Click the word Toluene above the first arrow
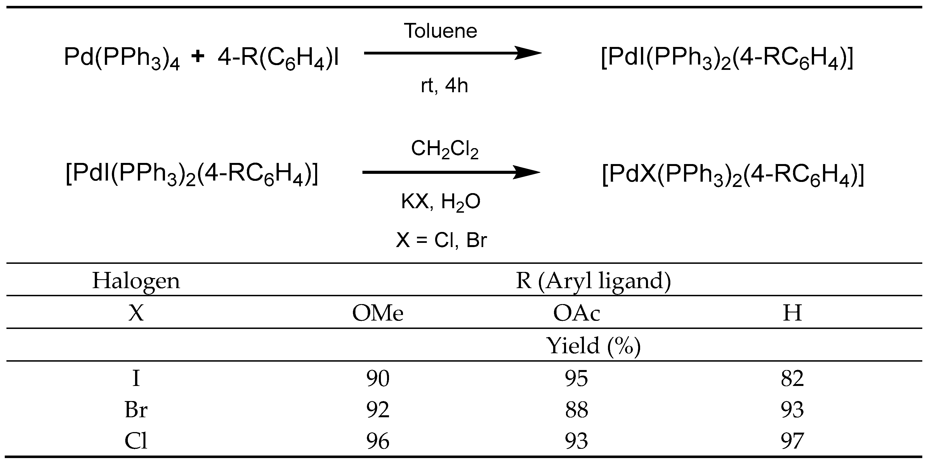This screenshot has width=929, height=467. (x=440, y=31)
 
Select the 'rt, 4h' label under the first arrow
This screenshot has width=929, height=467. (x=444, y=86)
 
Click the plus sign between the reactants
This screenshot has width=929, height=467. (x=198, y=57)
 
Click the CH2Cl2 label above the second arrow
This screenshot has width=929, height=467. (x=444, y=149)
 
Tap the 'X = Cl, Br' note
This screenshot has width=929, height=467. (x=441, y=240)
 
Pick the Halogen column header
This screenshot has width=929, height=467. (x=136, y=281)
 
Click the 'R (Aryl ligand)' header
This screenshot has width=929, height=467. (x=593, y=281)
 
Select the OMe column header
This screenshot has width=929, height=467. (x=378, y=313)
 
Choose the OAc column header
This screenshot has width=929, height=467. (x=576, y=313)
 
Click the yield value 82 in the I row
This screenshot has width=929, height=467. (x=792, y=378)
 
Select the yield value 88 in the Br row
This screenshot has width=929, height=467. (x=576, y=410)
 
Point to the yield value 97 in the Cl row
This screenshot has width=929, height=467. (x=792, y=441)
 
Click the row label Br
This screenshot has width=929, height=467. (x=136, y=410)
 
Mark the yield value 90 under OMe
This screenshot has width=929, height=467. (x=378, y=378)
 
